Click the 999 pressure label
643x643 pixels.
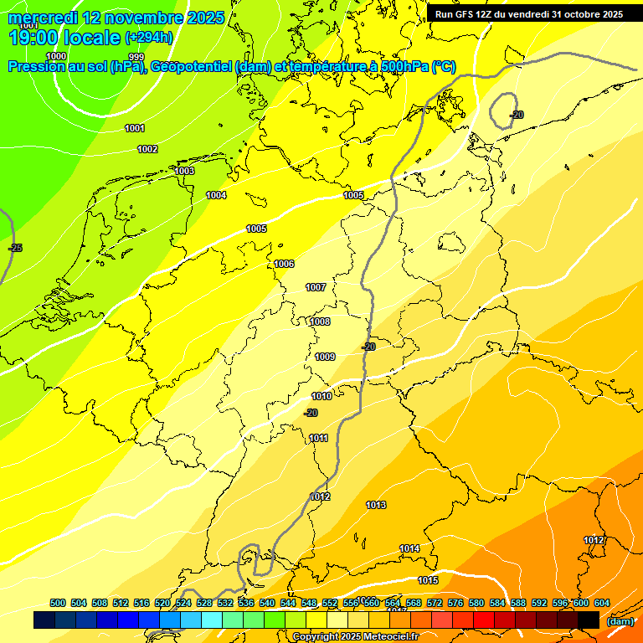click(136, 57)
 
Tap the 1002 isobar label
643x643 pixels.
click(147, 149)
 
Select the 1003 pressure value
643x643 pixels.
click(184, 171)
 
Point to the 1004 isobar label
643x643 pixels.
click(216, 195)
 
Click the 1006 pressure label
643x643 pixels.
click(284, 264)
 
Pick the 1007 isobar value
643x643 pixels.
click(316, 287)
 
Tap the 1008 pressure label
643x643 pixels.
click(320, 321)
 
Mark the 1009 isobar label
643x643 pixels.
click(325, 357)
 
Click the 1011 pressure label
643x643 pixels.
click(318, 438)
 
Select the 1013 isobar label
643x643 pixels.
click(376, 505)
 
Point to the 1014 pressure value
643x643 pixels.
click(409, 548)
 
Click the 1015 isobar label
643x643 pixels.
click(428, 580)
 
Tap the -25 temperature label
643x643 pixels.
click(15, 248)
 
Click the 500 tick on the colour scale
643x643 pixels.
click(58, 603)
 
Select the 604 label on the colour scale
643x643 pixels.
click(601, 603)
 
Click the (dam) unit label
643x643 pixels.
click(620, 620)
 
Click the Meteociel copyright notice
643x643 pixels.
click(356, 637)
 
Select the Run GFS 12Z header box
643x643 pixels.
click(528, 14)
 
